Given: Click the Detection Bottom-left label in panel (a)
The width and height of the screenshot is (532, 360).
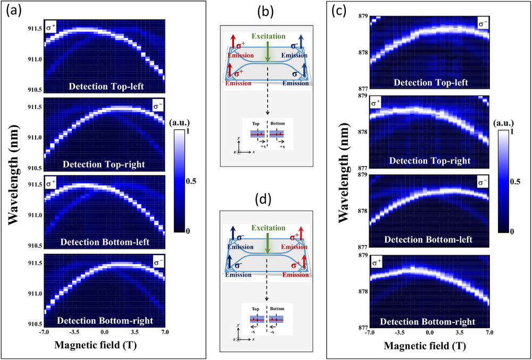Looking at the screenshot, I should pyautogui.click(x=104, y=242).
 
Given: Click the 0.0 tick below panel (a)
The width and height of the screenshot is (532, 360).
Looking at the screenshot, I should pyautogui.click(x=104, y=332).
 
